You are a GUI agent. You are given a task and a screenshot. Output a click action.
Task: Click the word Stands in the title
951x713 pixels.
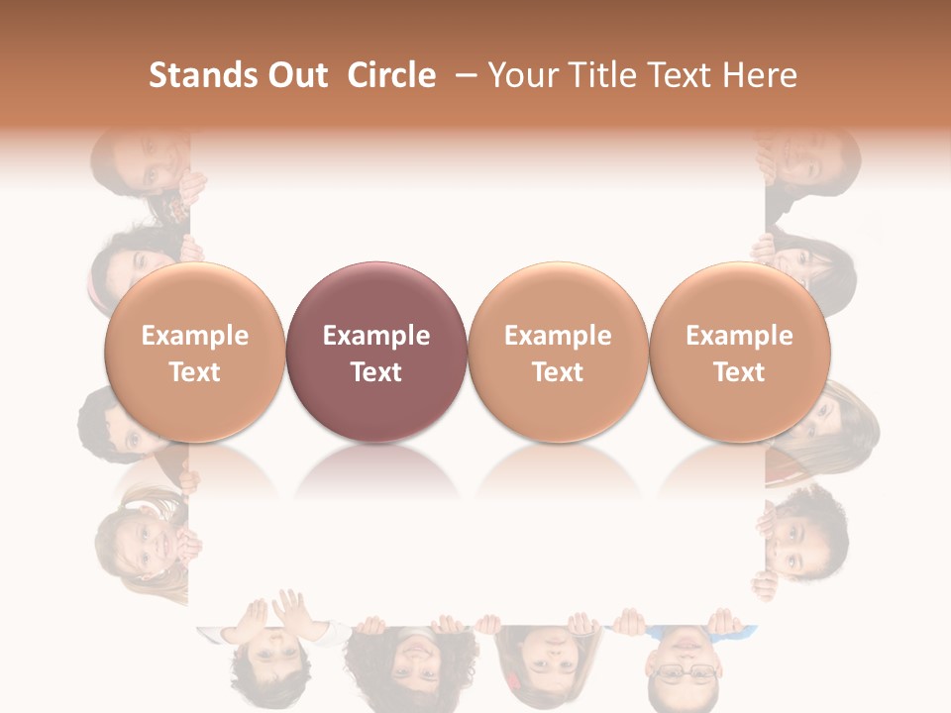click(198, 75)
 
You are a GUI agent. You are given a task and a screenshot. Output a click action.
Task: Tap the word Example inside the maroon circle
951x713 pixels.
click(376, 336)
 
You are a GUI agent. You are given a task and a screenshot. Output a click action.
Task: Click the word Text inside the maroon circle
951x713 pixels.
click(376, 372)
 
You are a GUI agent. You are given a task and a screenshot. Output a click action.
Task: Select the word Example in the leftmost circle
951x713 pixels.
click(194, 336)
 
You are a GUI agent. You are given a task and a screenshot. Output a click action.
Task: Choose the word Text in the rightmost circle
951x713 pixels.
click(739, 372)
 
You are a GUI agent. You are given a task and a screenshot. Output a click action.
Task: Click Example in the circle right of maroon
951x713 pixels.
click(558, 336)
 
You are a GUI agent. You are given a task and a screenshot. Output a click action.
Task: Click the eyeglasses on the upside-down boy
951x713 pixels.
click(684, 673)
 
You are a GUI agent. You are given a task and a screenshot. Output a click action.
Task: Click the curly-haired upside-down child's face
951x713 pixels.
click(411, 663)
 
